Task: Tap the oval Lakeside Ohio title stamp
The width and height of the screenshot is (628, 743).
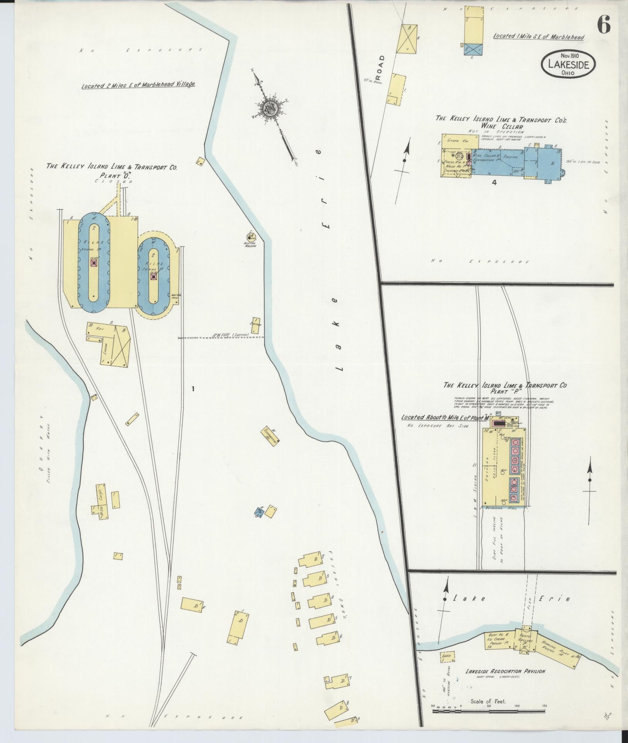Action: [568, 64]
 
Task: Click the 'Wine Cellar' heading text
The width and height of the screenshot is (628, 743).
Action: [501, 126]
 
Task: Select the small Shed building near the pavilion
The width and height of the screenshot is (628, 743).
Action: [447, 655]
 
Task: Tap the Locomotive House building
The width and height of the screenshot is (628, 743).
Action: [270, 437]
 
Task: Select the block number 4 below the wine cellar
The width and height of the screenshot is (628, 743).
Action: [494, 183]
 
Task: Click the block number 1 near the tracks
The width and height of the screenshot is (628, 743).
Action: [193, 389]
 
